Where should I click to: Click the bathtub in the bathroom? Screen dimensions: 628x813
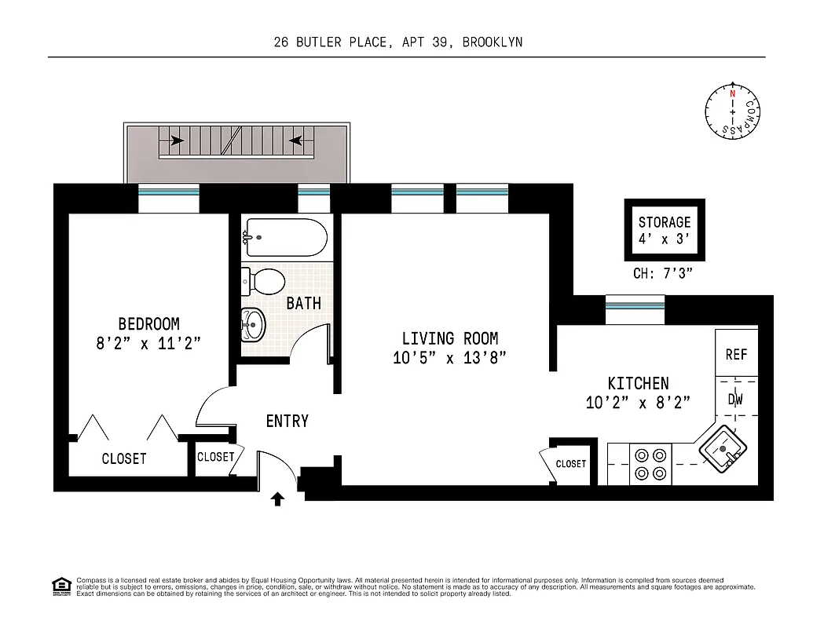click(284, 237)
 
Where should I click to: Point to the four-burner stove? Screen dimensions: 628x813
click(650, 464)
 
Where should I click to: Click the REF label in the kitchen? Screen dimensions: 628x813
click(736, 354)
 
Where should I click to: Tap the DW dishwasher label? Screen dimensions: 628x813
click(735, 400)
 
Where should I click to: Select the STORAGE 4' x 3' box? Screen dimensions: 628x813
click(665, 230)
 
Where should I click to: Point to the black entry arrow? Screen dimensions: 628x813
click(277, 498)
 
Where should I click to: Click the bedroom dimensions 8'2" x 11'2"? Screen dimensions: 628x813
click(148, 343)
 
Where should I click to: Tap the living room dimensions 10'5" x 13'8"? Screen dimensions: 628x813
click(449, 358)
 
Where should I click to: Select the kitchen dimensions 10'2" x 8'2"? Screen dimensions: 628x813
click(638, 403)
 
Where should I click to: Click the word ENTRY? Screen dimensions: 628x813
click(287, 422)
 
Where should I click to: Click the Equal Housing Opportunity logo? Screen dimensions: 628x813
click(60, 586)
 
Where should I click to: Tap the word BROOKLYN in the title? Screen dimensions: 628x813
click(492, 42)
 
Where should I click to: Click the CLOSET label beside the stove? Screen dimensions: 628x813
click(571, 464)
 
